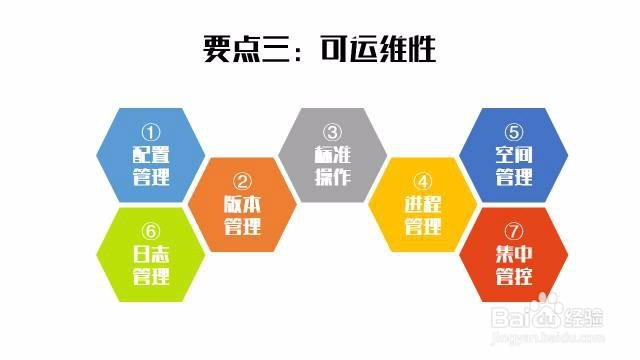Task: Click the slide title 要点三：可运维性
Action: pyautogui.click(x=319, y=48)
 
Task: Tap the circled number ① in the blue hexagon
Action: pyautogui.click(x=151, y=132)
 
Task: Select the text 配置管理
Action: pyautogui.click(x=151, y=166)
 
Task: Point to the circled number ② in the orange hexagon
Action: pyautogui.click(x=242, y=182)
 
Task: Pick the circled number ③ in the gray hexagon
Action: pyautogui.click(x=332, y=132)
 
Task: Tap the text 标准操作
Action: pyautogui.click(x=332, y=166)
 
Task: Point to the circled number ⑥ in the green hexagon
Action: pyautogui.click(x=151, y=231)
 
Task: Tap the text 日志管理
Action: pyautogui.click(x=151, y=265)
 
